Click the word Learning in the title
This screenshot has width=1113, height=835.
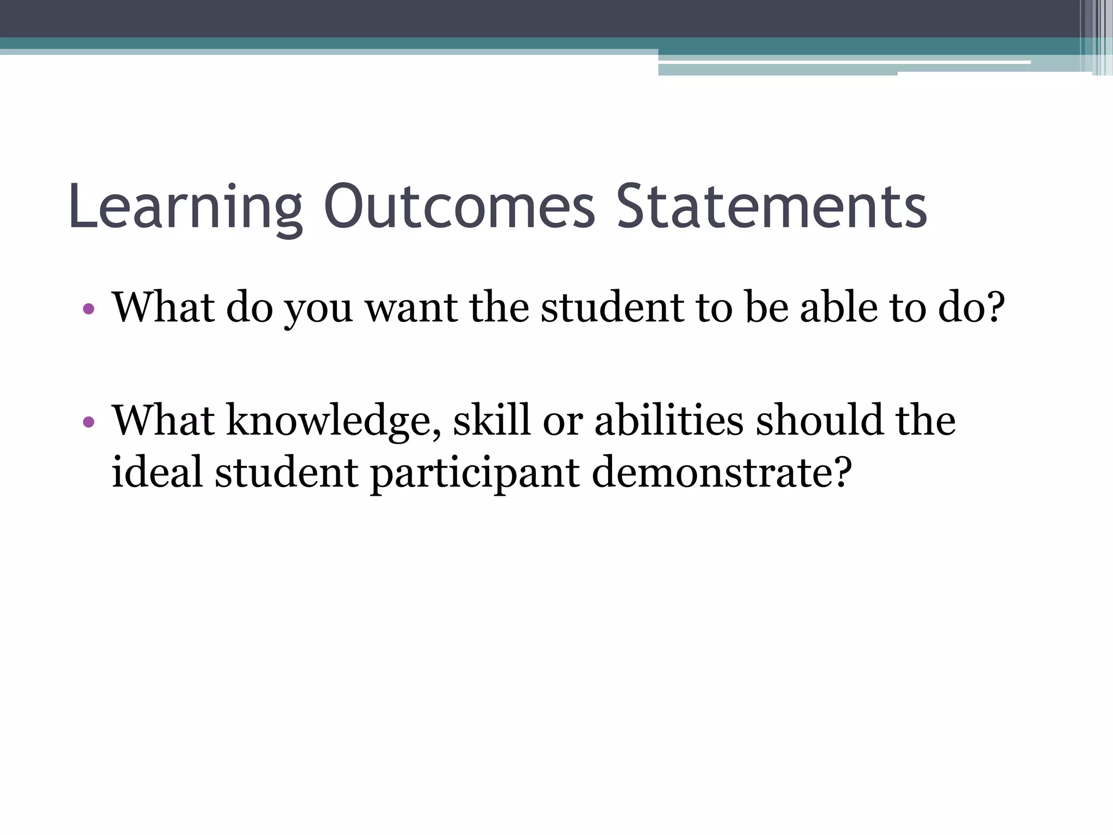185,208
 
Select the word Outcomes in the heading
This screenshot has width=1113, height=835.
460,207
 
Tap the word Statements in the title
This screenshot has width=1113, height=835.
771,207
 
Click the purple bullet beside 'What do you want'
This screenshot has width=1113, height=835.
89,310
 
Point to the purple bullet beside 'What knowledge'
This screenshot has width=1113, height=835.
89,422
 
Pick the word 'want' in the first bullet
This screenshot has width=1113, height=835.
411,308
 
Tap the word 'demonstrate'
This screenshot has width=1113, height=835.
712,472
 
